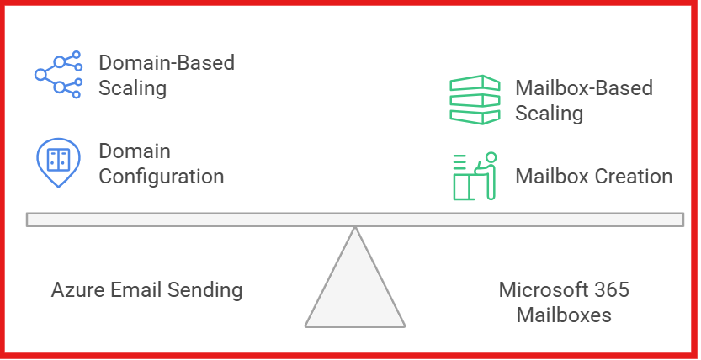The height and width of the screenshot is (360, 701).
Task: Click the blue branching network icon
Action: point(58,74)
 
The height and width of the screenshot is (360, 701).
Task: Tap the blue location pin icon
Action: point(58,163)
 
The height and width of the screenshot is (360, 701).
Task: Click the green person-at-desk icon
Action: point(475,176)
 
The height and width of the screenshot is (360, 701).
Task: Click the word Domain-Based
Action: point(167,63)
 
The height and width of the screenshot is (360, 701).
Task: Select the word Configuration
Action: point(162,177)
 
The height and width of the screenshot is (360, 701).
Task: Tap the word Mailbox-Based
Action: point(584,87)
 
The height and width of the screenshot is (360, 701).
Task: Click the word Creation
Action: point(635,177)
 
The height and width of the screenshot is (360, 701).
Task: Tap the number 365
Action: point(611,290)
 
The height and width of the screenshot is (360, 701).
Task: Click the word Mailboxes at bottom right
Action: point(564,315)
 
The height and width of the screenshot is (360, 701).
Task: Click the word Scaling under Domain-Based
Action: point(132,88)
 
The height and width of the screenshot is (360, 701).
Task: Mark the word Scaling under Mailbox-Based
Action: point(549,113)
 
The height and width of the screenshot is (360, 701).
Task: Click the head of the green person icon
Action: point(490,157)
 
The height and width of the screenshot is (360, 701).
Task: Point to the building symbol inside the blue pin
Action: point(58,159)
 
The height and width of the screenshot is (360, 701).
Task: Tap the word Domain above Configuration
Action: point(135,151)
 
